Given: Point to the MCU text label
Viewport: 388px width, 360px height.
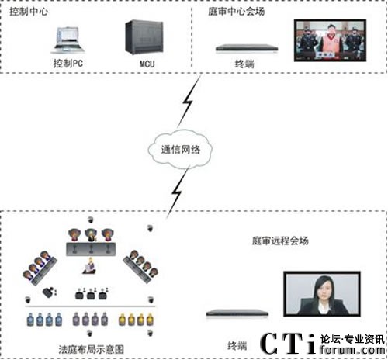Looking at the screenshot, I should pos(147,62).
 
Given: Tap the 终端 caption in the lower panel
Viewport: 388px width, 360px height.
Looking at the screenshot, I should pos(237,343).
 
